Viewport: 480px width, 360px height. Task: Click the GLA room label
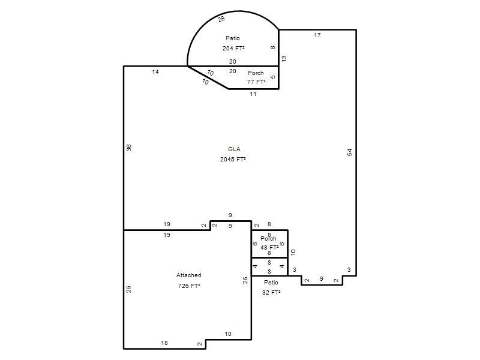click(234, 149)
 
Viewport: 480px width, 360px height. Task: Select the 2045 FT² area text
click(233, 159)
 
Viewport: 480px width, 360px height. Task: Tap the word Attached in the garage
click(189, 275)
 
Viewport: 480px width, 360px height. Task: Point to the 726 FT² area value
click(189, 286)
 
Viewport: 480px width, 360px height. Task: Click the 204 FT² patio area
click(233, 48)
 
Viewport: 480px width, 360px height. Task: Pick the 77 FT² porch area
click(256, 82)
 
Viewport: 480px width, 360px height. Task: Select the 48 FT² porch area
click(269, 247)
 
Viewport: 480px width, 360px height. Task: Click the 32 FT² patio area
click(271, 292)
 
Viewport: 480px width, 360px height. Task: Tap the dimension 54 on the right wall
click(350, 152)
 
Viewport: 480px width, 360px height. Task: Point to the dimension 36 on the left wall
click(129, 148)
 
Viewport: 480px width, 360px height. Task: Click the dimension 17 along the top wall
click(317, 35)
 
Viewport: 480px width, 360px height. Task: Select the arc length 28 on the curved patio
click(221, 19)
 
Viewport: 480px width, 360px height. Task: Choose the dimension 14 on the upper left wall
click(155, 71)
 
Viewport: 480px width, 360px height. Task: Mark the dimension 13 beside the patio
click(284, 58)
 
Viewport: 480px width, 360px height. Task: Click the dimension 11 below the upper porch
click(253, 94)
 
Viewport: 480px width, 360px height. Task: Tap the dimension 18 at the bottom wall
click(164, 343)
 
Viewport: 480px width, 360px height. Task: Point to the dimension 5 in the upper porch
click(273, 77)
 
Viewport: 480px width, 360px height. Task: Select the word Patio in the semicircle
click(233, 38)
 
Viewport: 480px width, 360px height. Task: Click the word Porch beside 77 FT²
click(256, 73)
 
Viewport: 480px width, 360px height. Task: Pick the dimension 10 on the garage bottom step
click(228, 334)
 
